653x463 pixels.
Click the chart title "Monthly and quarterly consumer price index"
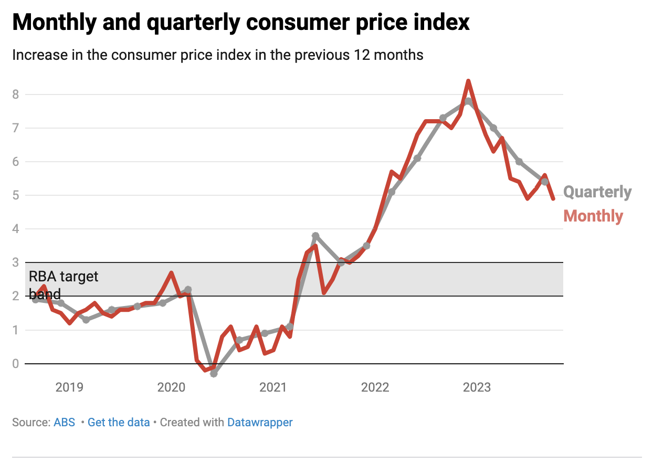point(240,22)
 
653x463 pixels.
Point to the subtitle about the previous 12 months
point(217,55)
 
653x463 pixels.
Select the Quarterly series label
point(597,192)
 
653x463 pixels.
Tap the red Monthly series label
point(593,216)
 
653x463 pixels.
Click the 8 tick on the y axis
point(16,94)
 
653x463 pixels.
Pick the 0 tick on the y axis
point(16,364)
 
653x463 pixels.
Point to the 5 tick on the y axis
point(16,196)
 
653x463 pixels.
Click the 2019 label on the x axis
point(69,388)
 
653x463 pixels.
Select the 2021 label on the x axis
point(273,388)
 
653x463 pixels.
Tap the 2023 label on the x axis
point(477,388)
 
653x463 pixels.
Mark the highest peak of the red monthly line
point(468,81)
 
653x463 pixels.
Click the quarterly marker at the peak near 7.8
point(468,101)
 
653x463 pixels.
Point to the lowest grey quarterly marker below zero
point(214,373)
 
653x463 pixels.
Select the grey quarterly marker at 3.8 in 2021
point(315,236)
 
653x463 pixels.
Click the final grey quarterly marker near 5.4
point(545,182)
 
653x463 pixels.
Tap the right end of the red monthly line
point(553,198)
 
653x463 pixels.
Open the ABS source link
point(64,423)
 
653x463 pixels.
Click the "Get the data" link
point(119,423)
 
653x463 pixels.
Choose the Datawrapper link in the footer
point(260,423)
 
